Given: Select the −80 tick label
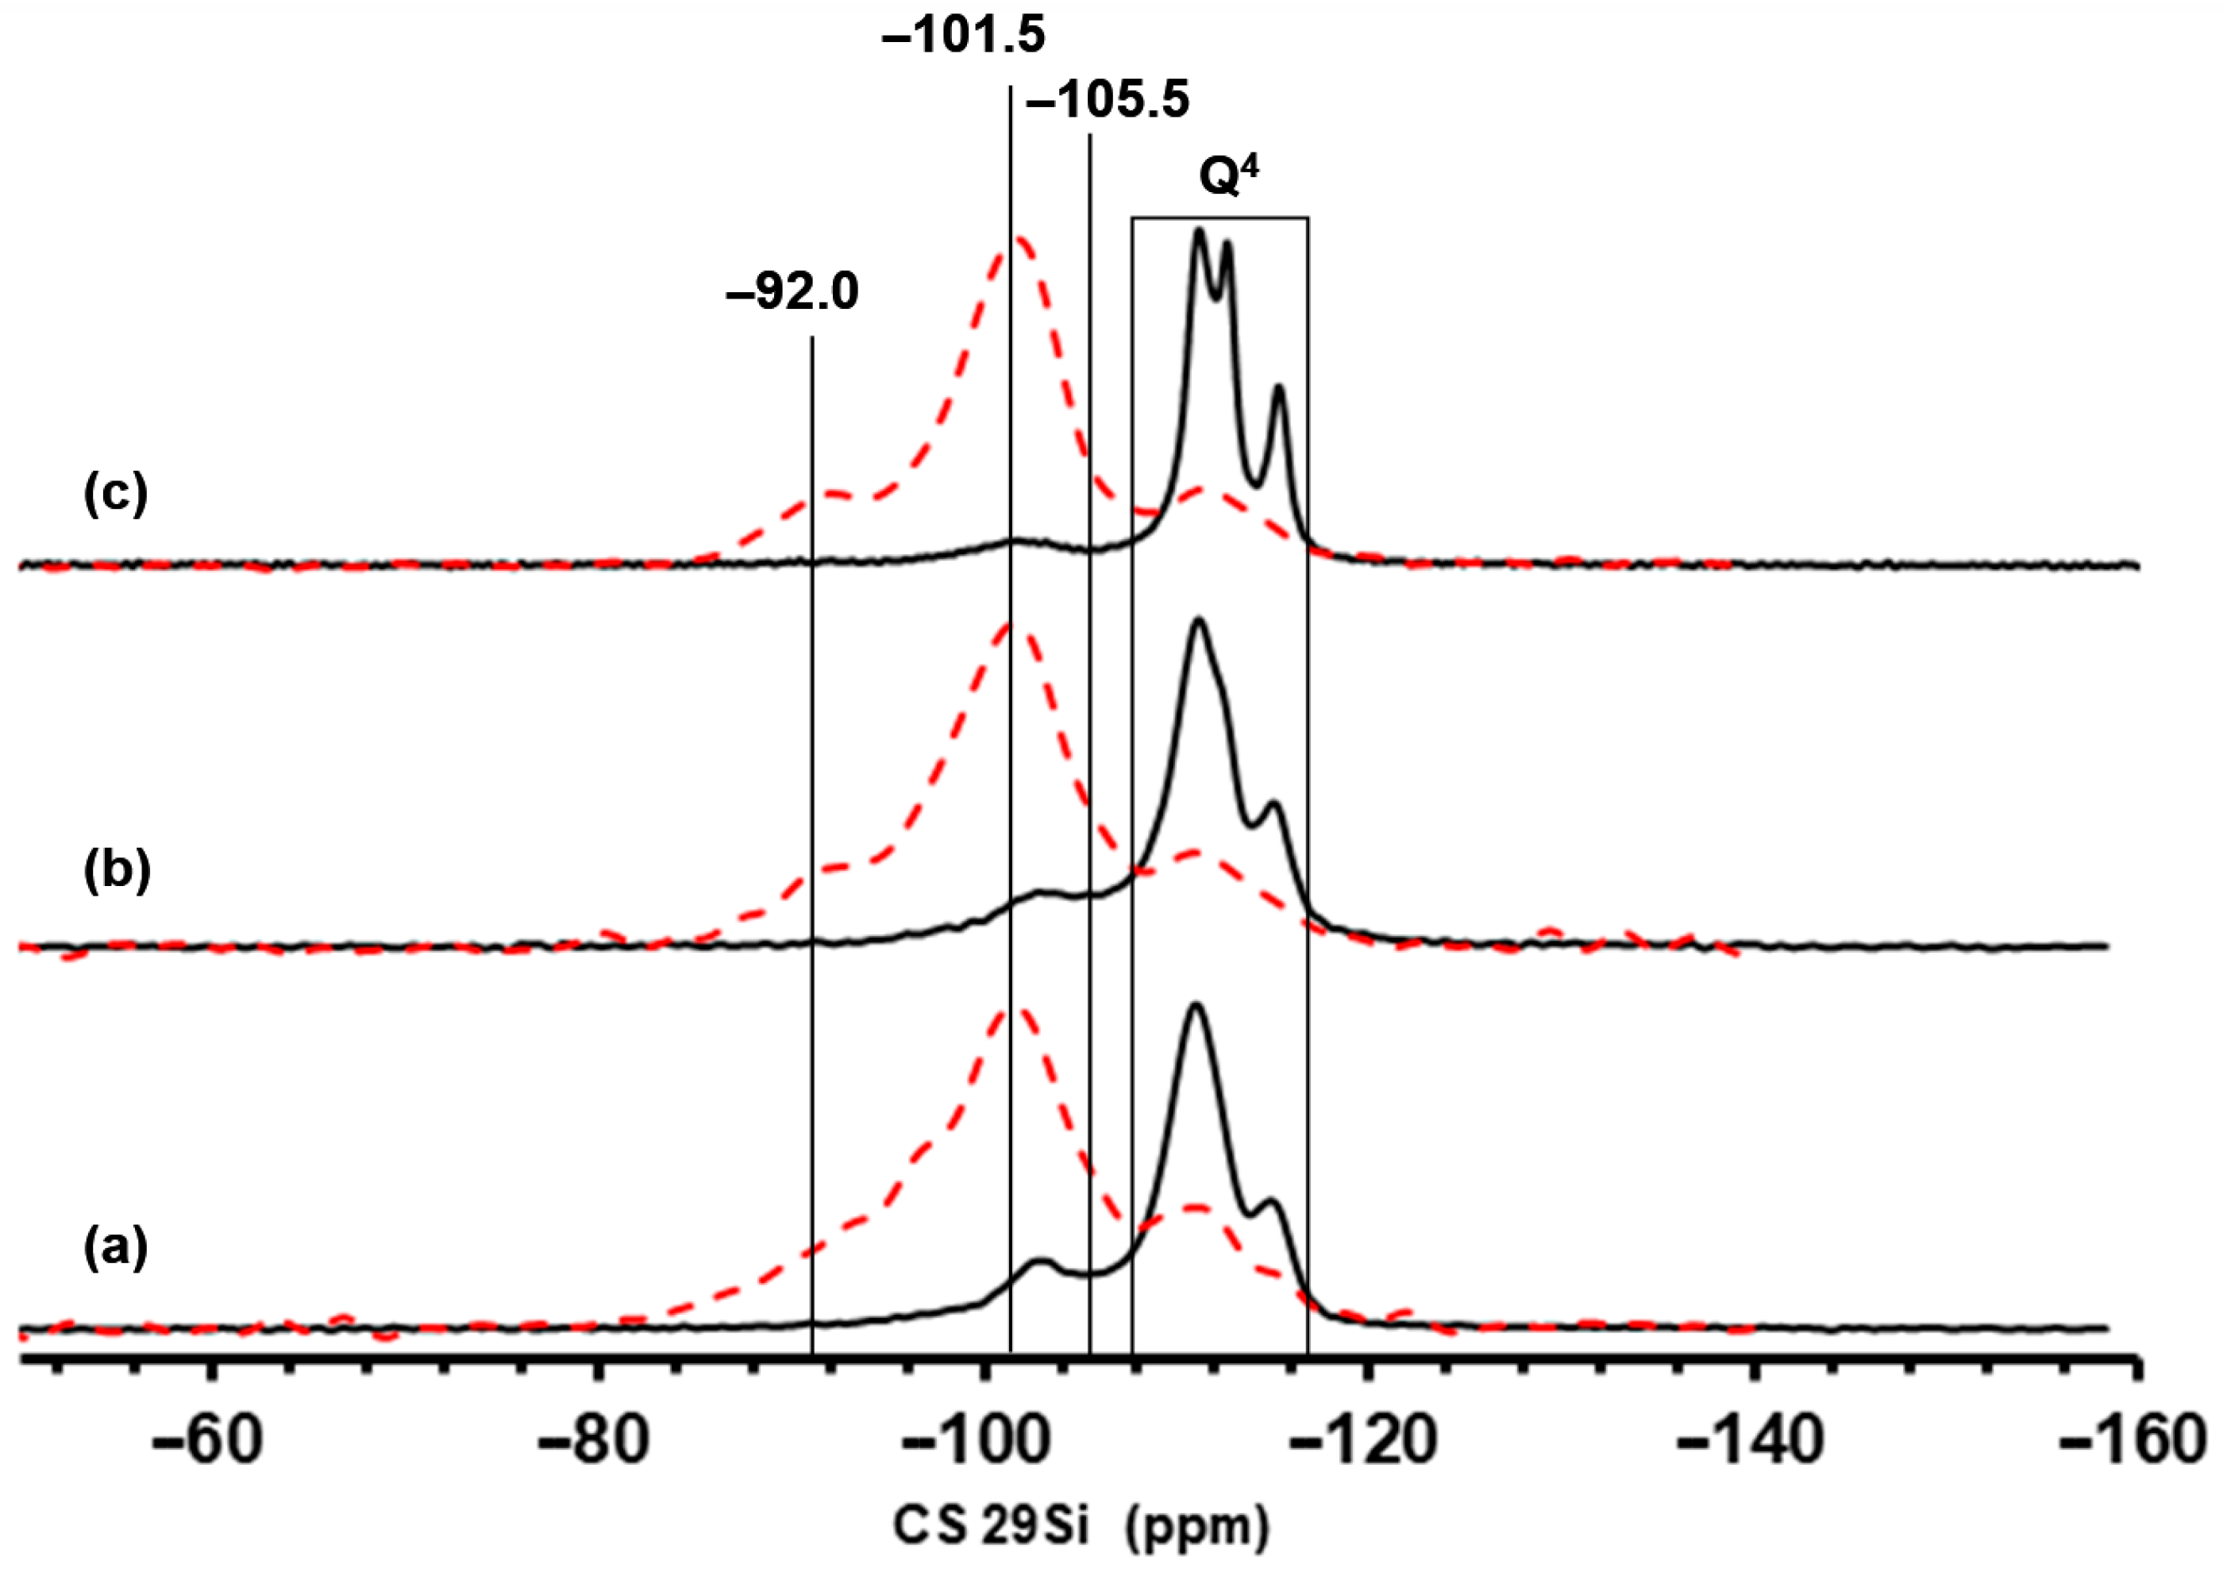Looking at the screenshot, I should [592, 1441].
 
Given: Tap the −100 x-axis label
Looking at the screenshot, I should [978, 1441].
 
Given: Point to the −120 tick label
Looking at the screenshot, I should [1363, 1441].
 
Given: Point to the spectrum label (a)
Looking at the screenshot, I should [115, 1250].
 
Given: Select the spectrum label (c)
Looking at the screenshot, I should [115, 495].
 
